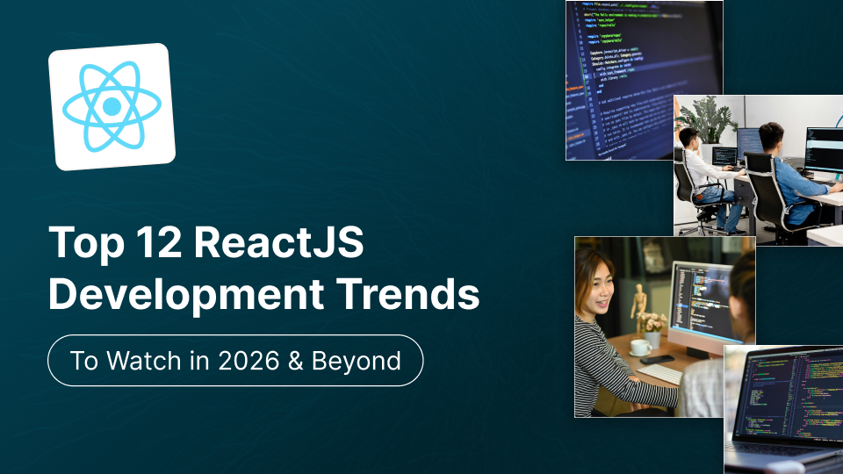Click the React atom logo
(x=112, y=106)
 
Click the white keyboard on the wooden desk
(x=659, y=373)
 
